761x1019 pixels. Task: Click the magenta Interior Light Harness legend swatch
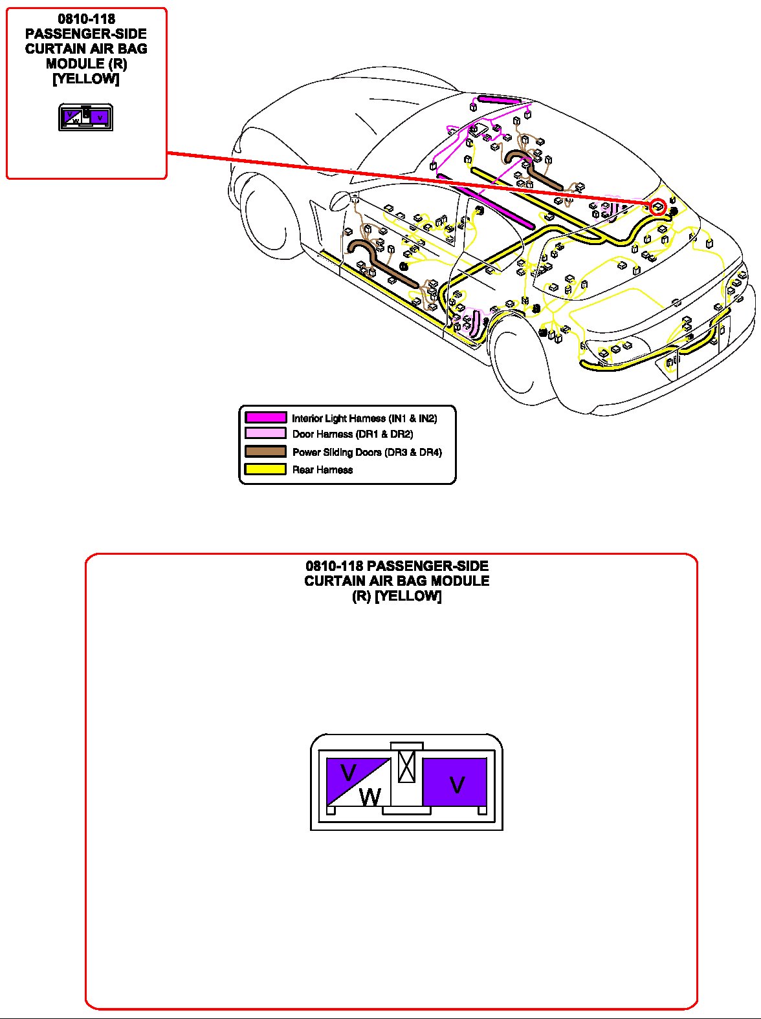coord(265,418)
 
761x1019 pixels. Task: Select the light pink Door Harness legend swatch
coord(265,434)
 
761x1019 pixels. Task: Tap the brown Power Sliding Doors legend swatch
coord(265,451)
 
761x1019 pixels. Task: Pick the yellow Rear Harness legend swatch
coord(265,469)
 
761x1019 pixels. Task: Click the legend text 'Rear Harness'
coord(322,470)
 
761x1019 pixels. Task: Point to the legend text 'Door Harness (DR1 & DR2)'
coord(352,434)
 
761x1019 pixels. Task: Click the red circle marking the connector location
coord(658,207)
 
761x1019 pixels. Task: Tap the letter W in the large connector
coord(369,797)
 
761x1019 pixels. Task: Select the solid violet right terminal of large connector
coord(455,782)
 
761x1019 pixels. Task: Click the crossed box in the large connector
coord(406,767)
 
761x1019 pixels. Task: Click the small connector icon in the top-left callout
coord(86,117)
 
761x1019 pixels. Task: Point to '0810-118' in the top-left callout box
coord(86,19)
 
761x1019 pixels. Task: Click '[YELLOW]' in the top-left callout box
coord(86,79)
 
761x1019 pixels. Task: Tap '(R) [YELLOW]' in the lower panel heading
coord(397,596)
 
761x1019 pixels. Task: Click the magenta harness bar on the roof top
coord(498,100)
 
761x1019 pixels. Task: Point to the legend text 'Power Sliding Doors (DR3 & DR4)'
coord(367,452)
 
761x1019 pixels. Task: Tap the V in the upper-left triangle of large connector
coord(348,773)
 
